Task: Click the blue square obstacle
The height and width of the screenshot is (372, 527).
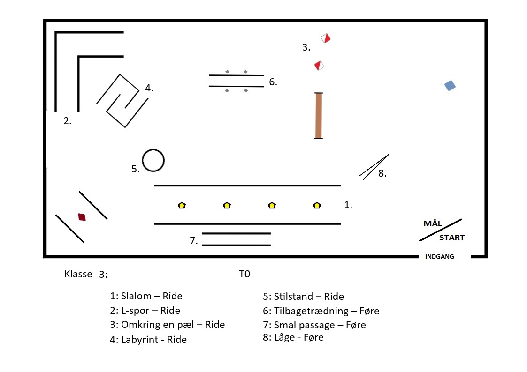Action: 450,86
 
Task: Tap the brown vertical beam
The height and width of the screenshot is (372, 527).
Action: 319,116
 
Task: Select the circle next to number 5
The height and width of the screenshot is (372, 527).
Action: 153,161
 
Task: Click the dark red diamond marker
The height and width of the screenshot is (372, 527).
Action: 82,217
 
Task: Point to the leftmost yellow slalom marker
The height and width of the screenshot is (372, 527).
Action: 182,205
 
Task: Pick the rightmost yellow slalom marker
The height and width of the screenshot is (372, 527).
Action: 317,205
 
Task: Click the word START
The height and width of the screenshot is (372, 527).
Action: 451,238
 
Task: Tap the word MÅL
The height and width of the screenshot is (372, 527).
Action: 433,223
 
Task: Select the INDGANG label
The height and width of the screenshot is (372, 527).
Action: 439,257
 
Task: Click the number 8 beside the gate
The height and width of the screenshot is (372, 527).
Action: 382,173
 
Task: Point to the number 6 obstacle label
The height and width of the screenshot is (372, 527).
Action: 273,82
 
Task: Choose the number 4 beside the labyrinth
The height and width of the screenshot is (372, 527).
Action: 149,88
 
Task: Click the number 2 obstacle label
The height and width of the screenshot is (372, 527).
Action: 68,121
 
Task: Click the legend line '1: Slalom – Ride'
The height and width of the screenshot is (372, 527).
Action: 146,296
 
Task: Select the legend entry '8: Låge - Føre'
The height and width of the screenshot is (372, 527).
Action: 293,337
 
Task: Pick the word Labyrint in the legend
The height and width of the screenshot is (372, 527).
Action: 141,340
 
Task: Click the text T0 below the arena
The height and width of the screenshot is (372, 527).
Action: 244,275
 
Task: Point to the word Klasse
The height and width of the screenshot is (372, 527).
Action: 78,275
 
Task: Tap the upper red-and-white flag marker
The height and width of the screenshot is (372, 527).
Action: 326,38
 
